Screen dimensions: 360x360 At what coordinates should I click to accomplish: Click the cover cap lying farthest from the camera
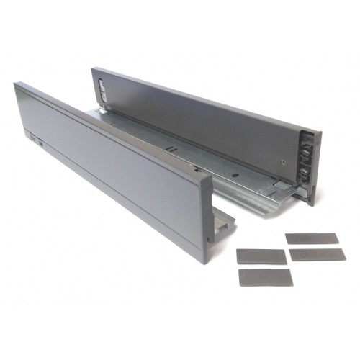tap(312, 238)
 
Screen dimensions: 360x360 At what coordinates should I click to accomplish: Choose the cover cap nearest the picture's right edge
tap(318, 255)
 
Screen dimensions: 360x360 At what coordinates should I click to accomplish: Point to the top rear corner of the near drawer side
tap(16, 84)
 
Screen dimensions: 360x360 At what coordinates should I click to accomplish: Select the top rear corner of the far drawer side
tap(93, 68)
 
